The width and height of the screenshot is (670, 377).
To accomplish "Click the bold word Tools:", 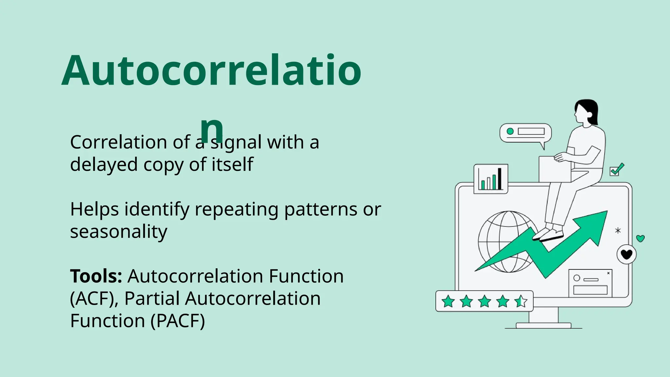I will [x=96, y=277].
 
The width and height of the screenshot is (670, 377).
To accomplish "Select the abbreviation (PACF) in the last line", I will [x=178, y=321].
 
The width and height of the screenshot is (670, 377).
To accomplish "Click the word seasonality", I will [x=118, y=232].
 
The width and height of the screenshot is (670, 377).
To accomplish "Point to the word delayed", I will [x=104, y=165].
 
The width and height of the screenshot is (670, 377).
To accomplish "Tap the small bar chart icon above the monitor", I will [x=491, y=179].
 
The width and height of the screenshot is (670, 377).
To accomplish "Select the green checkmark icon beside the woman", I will [x=617, y=170].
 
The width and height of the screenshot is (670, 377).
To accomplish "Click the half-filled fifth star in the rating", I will [x=520, y=301].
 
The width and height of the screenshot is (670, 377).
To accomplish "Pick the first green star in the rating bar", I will [x=448, y=301].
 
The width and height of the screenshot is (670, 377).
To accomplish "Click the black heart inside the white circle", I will [x=626, y=254].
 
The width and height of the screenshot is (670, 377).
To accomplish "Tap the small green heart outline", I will [x=640, y=239].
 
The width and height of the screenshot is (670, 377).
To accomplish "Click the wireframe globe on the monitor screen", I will [x=501, y=242].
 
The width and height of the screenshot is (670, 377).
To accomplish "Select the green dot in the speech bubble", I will [x=510, y=131].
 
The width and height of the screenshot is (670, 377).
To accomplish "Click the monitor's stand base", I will [x=543, y=325].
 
